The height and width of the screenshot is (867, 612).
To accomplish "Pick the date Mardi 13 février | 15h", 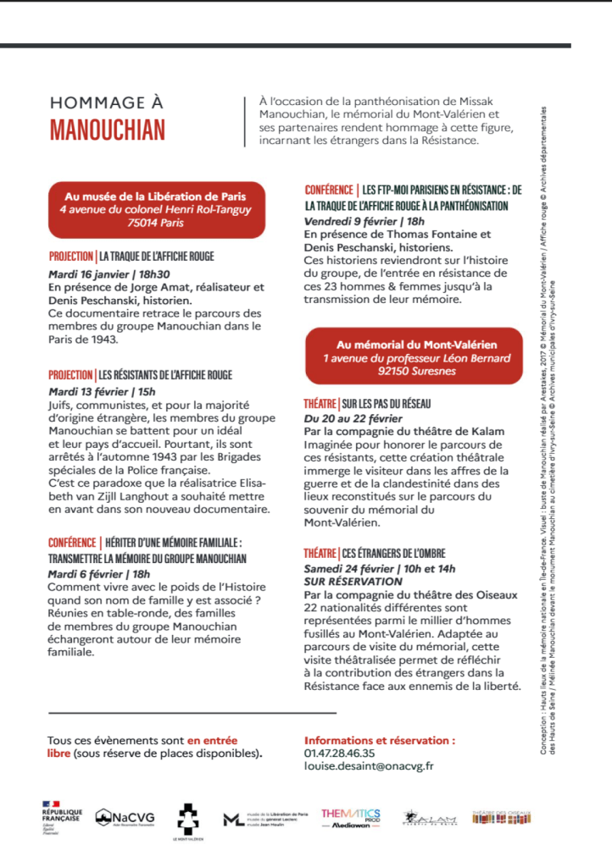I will (x=102, y=391).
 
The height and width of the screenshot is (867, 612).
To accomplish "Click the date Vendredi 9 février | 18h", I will (x=364, y=221).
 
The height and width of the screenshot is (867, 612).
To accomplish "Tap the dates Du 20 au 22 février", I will (x=353, y=418).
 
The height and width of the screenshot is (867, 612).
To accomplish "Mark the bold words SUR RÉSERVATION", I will (x=353, y=558).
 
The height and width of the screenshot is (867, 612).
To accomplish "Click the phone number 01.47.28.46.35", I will (x=339, y=753).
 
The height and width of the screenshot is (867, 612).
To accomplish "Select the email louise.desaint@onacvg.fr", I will (x=369, y=766).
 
